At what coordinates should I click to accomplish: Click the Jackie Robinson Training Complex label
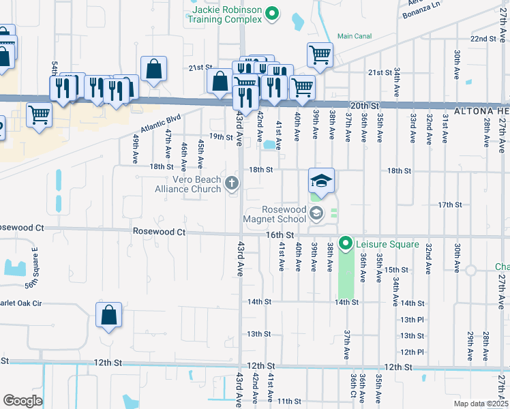click(226, 15)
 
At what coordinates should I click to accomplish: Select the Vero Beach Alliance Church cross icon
click(232, 183)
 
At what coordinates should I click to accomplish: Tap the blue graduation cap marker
click(321, 181)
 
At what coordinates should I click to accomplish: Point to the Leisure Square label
click(387, 243)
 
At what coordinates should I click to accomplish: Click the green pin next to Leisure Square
click(346, 243)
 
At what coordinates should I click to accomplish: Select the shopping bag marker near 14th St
click(108, 316)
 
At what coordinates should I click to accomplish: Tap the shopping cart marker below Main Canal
click(320, 54)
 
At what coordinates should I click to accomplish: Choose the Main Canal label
click(355, 36)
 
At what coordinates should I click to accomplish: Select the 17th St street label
click(450, 204)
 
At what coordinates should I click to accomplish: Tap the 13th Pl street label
click(412, 319)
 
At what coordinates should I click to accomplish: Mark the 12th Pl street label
click(412, 352)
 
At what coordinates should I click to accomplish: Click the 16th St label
click(280, 234)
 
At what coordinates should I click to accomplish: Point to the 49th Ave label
click(136, 148)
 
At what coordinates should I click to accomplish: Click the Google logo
click(22, 401)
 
